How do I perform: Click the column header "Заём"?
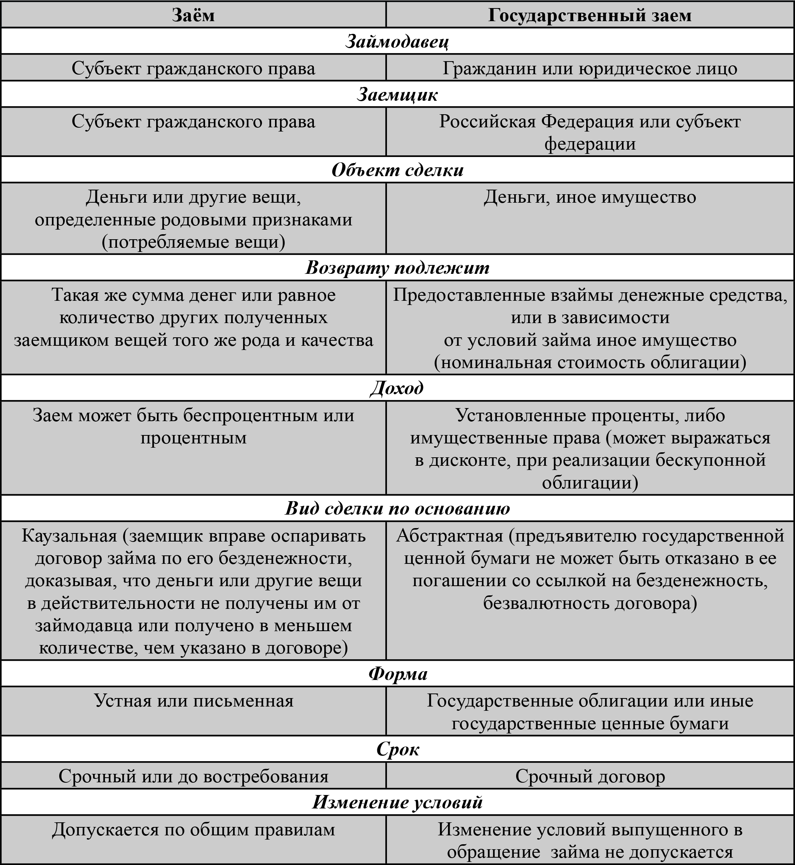[x=193, y=15]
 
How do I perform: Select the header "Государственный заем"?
[x=590, y=15]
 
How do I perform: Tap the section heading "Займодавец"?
[x=397, y=42]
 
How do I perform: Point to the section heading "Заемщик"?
[x=397, y=95]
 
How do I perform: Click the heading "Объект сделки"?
[x=397, y=170]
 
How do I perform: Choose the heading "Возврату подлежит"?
[x=397, y=268]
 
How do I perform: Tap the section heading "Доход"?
[x=397, y=388]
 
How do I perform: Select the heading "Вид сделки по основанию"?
[x=397, y=508]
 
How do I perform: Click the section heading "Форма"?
[x=397, y=673]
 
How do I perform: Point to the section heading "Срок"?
[x=397, y=749]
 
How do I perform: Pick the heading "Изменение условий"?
[x=397, y=802]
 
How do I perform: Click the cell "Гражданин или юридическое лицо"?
[x=590, y=68]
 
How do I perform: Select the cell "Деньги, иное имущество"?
[x=590, y=197]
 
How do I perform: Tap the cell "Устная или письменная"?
[x=193, y=701]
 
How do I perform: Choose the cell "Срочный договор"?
[x=590, y=777]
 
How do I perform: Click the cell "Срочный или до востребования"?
[x=193, y=777]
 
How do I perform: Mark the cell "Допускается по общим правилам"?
[x=193, y=830]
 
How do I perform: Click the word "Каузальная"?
[x=69, y=536]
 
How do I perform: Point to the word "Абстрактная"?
[x=450, y=536]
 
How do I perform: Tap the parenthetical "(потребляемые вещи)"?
[x=193, y=242]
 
